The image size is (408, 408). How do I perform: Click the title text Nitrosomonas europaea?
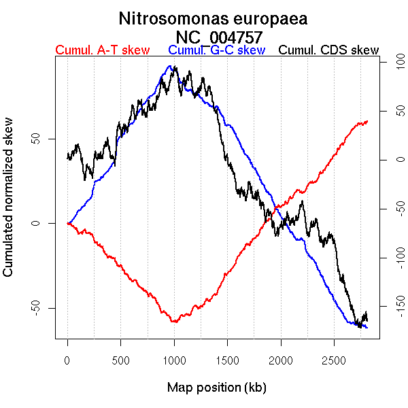pos(213,18)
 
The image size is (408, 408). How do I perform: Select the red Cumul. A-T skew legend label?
pos(102,50)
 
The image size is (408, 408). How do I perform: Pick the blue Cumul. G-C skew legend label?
pos(216,50)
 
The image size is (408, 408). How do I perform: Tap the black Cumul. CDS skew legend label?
pos(329,50)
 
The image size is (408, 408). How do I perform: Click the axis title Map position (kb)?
pos(216,388)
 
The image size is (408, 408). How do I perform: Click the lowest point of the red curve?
pos(174,322)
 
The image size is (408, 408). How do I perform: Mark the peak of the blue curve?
pos(169,66)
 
